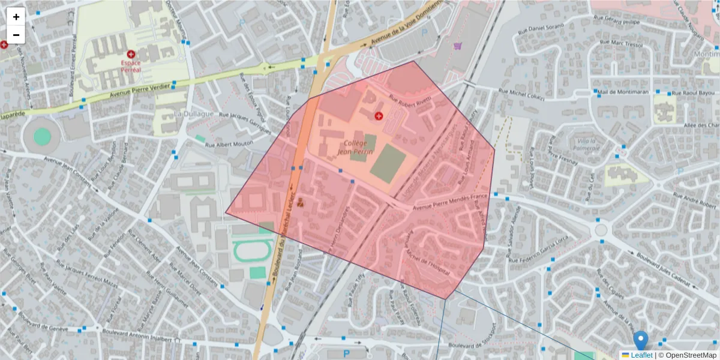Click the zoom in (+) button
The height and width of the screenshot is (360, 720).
coord(16,17)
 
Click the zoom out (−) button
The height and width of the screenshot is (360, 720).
coord(16,35)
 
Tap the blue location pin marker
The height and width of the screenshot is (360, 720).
coord(641,340)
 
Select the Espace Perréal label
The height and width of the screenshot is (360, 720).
coord(131,65)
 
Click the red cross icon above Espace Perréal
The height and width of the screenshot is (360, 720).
coord(131,55)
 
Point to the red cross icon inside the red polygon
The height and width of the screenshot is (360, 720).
coord(379,115)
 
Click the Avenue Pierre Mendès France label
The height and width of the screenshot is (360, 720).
coord(451,202)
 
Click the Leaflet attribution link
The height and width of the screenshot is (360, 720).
coord(641,355)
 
